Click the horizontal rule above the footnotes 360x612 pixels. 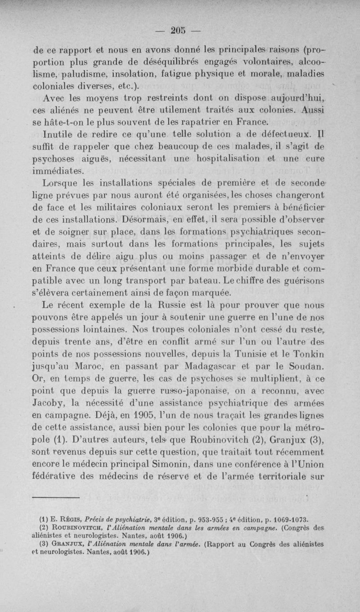pyautogui.click(x=56, y=497)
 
